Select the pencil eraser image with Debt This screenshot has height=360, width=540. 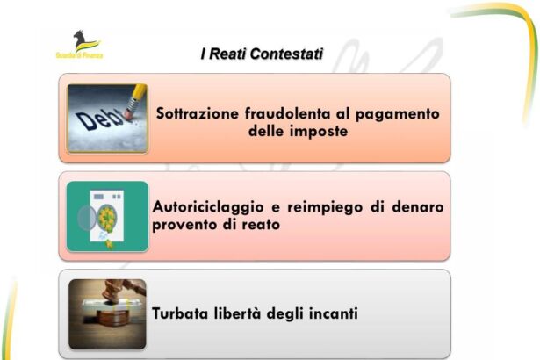(107, 118)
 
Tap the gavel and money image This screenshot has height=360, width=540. (107, 314)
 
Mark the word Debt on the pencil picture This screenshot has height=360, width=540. (95, 121)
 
